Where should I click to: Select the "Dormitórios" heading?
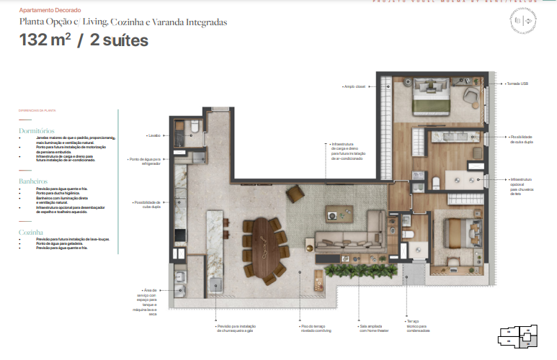(x=37, y=131)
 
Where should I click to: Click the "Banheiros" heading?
(x=33, y=182)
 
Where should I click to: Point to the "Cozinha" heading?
(x=31, y=233)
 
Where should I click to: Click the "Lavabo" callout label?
(x=153, y=135)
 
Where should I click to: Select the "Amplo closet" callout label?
(x=355, y=86)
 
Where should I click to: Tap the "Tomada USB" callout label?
(x=517, y=84)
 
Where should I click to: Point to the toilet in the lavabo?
(x=195, y=127)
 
